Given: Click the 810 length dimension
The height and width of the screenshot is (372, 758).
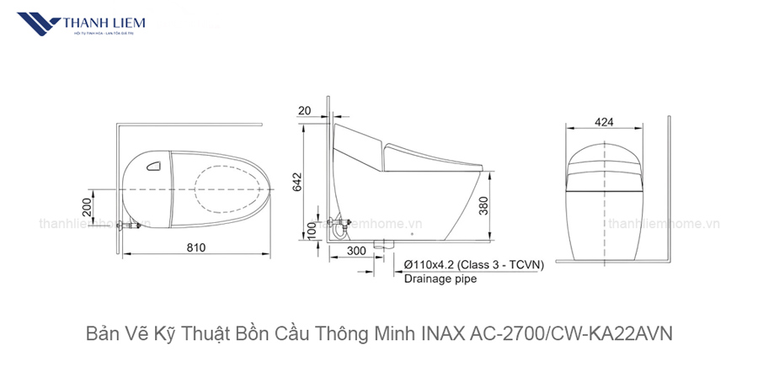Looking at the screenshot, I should pos(196,247).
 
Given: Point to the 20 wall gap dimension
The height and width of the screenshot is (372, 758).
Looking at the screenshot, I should pos(304,110).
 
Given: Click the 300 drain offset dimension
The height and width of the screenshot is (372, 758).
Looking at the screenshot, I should pos(356,250).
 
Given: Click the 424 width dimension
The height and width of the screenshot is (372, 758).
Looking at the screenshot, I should pos(603,122).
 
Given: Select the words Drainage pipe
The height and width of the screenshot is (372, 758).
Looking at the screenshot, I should pos(440,279).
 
